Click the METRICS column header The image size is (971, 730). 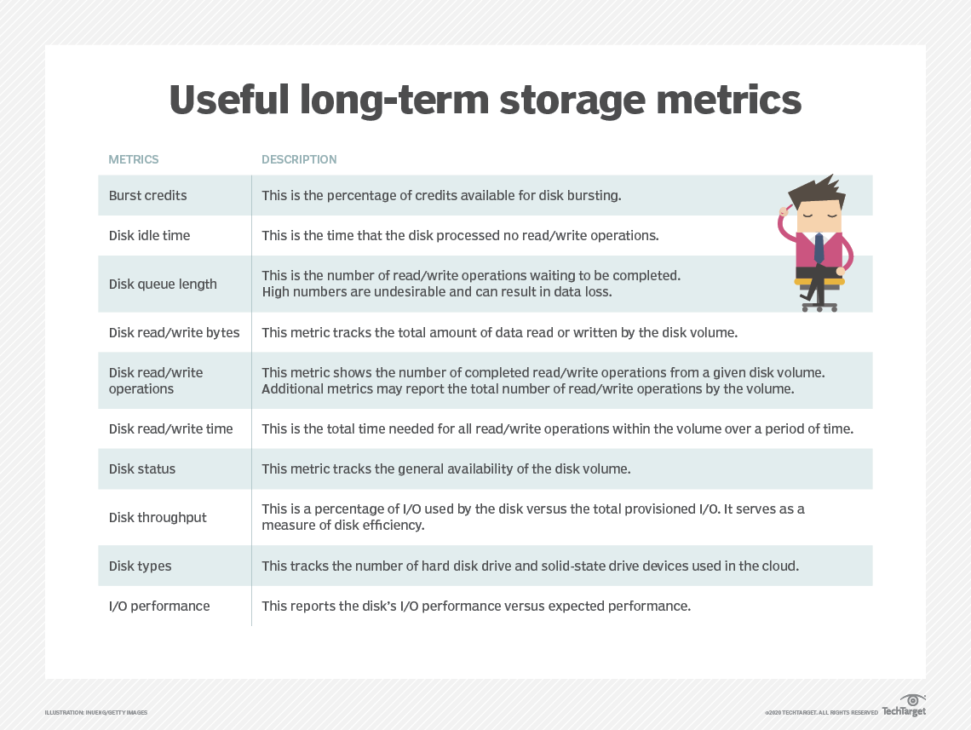click(134, 159)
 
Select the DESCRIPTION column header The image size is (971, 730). click(299, 159)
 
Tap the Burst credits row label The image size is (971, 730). click(147, 195)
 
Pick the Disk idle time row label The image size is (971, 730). click(149, 235)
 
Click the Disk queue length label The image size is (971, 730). click(163, 284)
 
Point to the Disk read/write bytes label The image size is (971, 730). click(174, 332)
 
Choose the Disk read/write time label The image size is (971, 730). click(170, 428)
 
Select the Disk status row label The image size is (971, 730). click(142, 468)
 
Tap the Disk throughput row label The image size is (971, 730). click(158, 517)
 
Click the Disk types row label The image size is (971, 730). click(140, 566)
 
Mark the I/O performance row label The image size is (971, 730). click(159, 606)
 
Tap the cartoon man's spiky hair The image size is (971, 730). click(817, 189)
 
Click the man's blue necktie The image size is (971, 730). click(819, 247)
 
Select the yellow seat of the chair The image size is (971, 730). click(819, 280)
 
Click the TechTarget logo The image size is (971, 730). click(904, 707)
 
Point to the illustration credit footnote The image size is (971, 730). click(96, 712)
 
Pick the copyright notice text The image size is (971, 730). click(820, 712)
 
